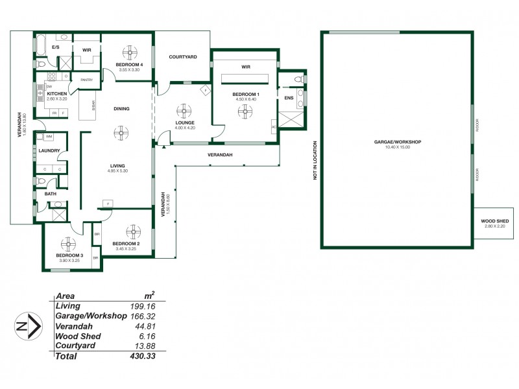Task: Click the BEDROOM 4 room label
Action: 128,65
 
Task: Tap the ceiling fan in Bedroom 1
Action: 245,112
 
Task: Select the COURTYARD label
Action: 182,57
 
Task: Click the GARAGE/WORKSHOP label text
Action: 398,141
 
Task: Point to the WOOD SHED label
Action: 494,221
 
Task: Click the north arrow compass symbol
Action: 25,326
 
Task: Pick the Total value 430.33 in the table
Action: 143,356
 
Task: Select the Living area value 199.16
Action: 143,305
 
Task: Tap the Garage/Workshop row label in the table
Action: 90,316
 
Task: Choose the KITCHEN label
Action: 57,93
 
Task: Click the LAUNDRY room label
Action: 49,151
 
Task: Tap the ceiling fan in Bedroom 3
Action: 67,244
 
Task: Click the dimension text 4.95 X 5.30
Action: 118,172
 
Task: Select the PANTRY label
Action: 87,80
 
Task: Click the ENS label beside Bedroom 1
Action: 289,98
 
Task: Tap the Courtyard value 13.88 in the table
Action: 145,346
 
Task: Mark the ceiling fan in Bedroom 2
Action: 133,231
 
